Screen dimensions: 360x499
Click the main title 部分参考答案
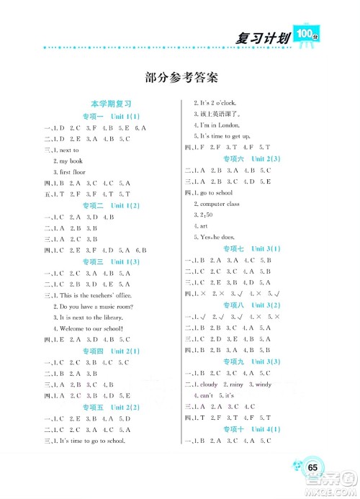(x=181, y=77)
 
